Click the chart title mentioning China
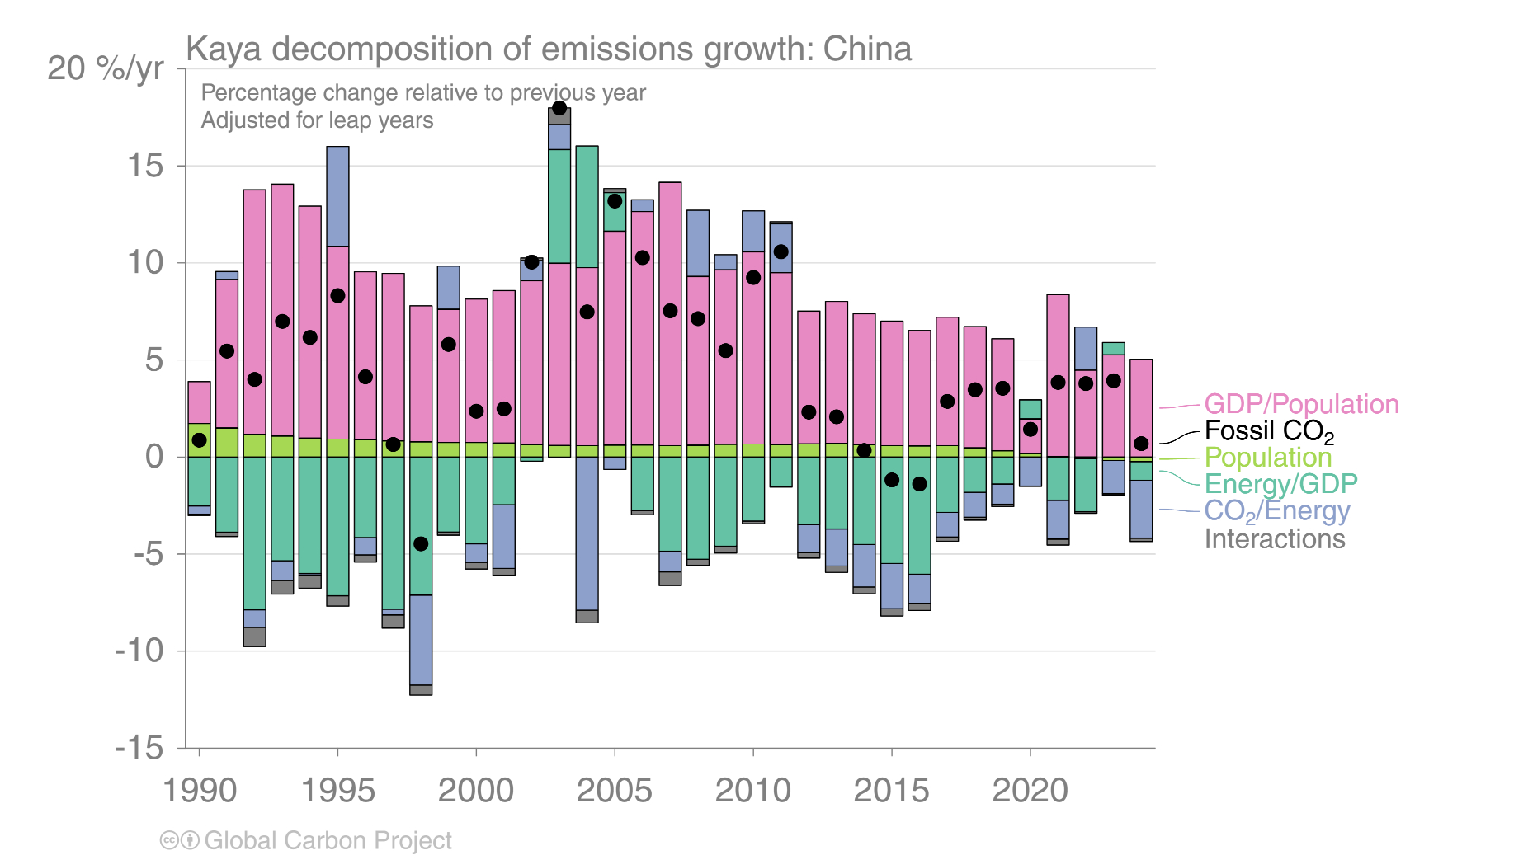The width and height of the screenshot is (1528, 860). pos(549,49)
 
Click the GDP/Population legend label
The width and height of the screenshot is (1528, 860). pos(1301,404)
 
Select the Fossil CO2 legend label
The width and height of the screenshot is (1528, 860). pos(1268,430)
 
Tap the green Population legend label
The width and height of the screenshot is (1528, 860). pos(1267,458)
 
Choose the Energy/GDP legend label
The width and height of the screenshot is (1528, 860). pos(1280,484)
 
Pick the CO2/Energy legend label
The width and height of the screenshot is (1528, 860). pos(1276,511)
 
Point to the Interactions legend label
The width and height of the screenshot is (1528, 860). pos(1274,539)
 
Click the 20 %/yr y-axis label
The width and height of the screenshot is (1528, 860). pos(106,68)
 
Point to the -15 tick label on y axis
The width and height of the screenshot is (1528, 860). pos(139,748)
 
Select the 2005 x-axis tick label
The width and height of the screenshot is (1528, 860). pos(614,790)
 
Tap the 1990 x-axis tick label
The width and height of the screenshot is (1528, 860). pos(199,790)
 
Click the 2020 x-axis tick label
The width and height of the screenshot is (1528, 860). pos(1030,790)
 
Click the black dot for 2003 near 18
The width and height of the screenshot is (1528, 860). pos(559,108)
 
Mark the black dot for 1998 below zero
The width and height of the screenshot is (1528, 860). pos(421,543)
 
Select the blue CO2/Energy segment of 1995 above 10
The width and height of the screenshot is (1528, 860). pos(337,196)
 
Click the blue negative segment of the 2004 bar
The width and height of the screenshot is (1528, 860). pos(587,533)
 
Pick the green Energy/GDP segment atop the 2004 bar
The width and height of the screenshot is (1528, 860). pos(587,206)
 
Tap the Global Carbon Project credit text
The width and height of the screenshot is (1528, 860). pos(328,840)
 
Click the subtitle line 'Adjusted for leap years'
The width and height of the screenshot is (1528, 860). pos(317,120)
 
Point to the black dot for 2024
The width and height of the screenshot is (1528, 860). pos(1141,444)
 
